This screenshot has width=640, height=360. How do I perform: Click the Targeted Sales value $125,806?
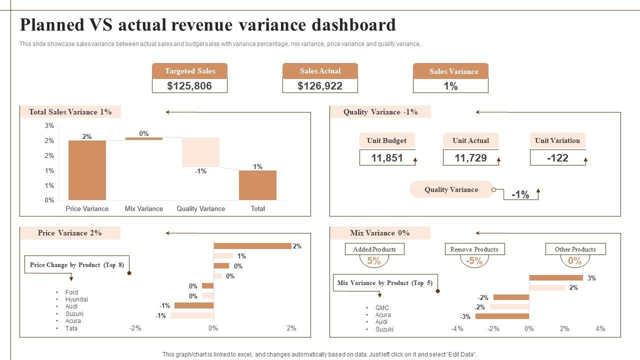coord(189,86)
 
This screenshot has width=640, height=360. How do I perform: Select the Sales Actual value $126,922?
coord(320,86)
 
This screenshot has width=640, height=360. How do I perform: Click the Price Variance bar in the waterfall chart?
coord(87,170)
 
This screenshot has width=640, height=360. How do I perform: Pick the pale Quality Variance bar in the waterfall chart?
coord(200,151)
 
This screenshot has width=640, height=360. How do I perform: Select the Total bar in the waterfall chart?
coord(257,185)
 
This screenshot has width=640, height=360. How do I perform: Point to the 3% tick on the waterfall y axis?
coord(49,125)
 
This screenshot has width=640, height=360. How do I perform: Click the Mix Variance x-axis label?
coord(143,208)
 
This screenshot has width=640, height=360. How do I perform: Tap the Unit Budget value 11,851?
coord(387,158)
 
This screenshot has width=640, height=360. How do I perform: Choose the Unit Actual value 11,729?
coord(470,158)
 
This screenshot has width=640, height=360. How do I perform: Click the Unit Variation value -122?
coord(557,158)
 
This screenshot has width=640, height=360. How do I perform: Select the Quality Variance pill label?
coord(451,189)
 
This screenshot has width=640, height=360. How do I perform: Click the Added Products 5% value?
coord(374,261)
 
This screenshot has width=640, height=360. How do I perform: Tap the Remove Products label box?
coord(474,249)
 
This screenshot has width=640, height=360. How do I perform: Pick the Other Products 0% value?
coord(575,261)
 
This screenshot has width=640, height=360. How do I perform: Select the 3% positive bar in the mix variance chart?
coord(556,278)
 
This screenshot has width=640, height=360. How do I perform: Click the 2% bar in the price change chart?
coord(252,246)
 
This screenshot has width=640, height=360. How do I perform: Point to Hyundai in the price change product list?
coord(76,299)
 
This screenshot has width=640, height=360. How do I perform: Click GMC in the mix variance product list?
coord(382,308)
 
